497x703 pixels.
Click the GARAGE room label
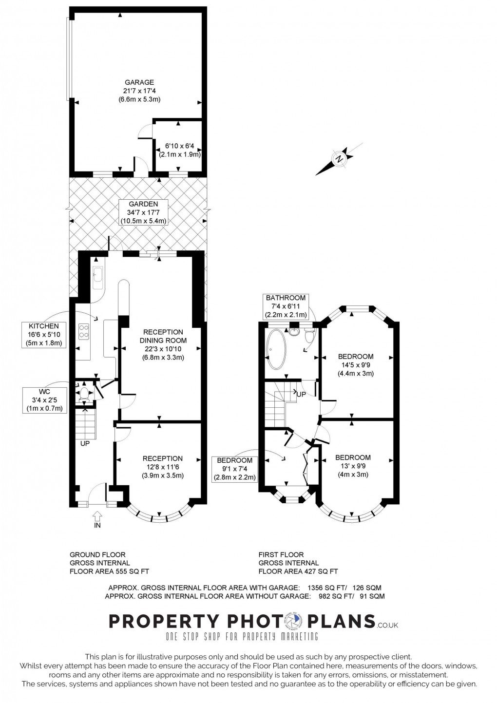139,91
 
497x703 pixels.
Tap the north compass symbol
339,158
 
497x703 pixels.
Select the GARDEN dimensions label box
143,212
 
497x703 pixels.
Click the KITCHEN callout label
44,334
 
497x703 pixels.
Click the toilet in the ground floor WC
84,393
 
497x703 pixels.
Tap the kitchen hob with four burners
84,331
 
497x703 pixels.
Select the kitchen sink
97,275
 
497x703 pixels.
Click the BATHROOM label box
285,306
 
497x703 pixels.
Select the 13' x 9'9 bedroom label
353,466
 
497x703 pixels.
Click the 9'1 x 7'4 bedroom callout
235,469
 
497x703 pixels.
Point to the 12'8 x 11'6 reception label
163,467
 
